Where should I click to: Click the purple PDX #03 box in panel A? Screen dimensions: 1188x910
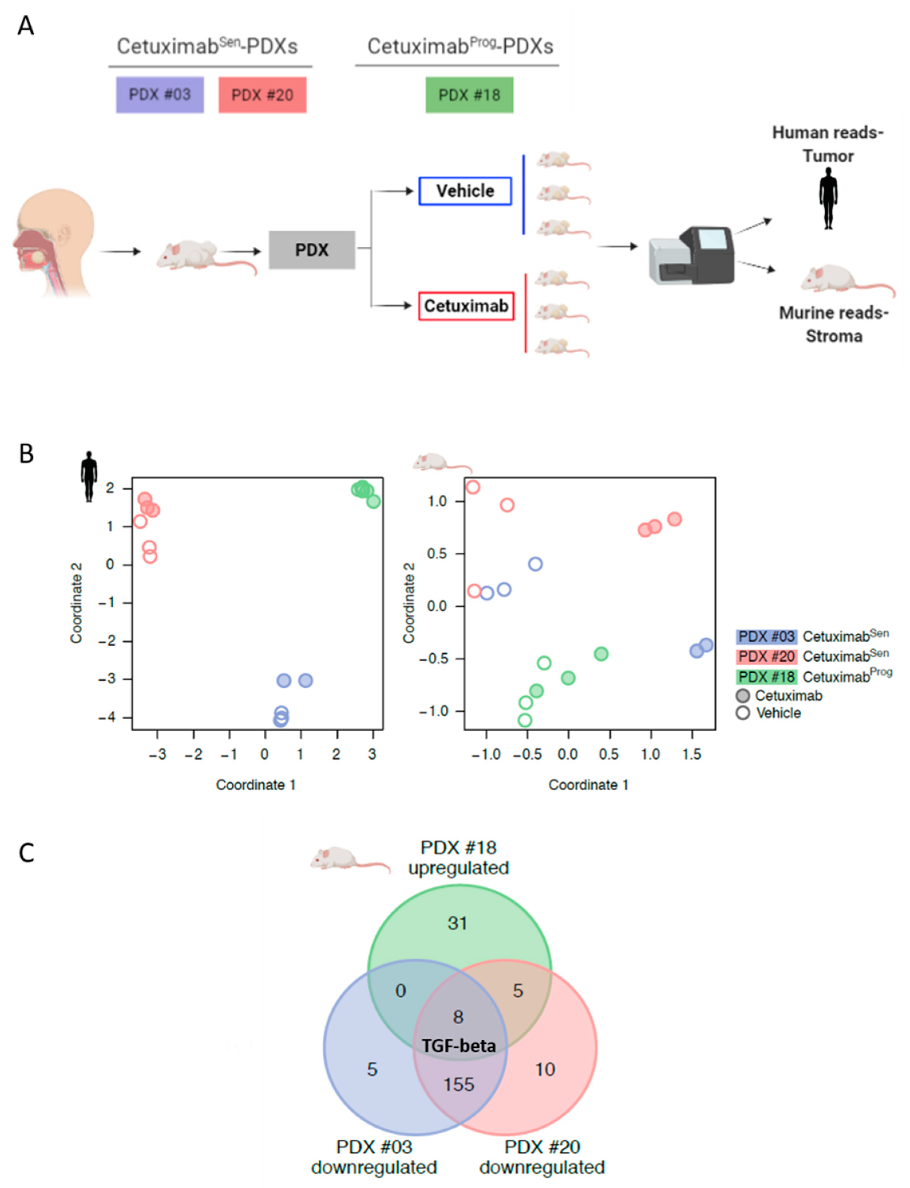[x=160, y=95]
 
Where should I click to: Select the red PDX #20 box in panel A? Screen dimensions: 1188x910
[x=262, y=95]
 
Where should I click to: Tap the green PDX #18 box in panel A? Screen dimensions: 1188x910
[x=469, y=95]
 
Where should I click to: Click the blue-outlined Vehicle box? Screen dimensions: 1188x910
[x=465, y=191]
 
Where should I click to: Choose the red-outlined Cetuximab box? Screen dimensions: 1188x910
[x=466, y=306]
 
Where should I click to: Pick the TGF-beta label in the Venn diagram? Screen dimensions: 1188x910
[x=459, y=1045]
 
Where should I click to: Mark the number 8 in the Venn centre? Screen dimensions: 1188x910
[x=458, y=1017]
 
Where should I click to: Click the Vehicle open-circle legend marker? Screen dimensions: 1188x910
[x=743, y=713]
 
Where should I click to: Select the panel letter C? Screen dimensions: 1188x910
[x=26, y=853]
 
